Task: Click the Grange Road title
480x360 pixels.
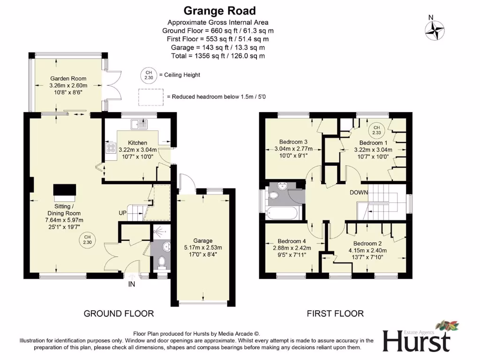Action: pyautogui.click(x=219, y=10)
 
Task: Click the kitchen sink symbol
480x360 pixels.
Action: pyautogui.click(x=139, y=124)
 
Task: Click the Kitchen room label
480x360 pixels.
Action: pyautogui.click(x=137, y=143)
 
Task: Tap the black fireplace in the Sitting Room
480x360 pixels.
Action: pyautogui.click(x=64, y=190)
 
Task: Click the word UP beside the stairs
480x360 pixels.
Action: pyautogui.click(x=123, y=213)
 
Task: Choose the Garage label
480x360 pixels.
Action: pyautogui.click(x=203, y=241)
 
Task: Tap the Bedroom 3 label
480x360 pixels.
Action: pyautogui.click(x=293, y=142)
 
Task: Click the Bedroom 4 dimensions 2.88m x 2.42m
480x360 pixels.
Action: pyautogui.click(x=292, y=248)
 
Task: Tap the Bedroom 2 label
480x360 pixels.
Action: pyautogui.click(x=367, y=244)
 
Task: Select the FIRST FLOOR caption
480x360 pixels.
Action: pyautogui.click(x=335, y=314)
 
